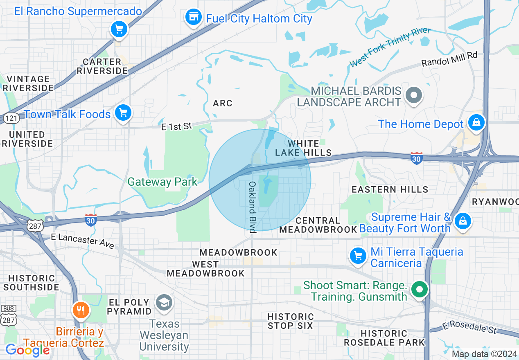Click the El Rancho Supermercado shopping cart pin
click(x=119, y=29)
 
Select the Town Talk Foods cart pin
click(x=123, y=112)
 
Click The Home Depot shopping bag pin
click(x=476, y=122)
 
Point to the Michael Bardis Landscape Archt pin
click(x=414, y=95)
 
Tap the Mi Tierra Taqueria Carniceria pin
click(x=358, y=256)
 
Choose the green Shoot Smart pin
click(x=419, y=290)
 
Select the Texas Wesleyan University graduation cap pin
click(x=164, y=303)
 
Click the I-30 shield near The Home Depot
click(x=417, y=158)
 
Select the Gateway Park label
click(x=162, y=182)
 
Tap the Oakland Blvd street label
click(x=252, y=207)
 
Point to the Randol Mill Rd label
click(x=449, y=59)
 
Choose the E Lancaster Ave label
click(x=82, y=241)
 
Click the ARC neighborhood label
click(x=223, y=103)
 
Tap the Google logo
click(x=27, y=350)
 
